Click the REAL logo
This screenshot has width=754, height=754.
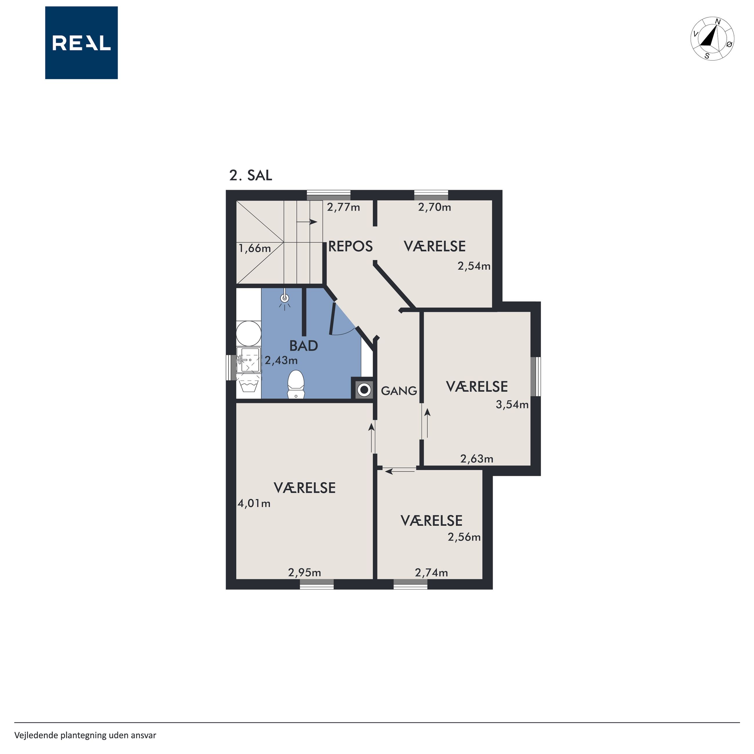tap(81, 43)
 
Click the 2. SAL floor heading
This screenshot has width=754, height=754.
tap(251, 176)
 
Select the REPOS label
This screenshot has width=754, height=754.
tap(350, 246)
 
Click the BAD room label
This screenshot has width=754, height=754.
tap(304, 346)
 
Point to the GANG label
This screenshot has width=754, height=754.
tap(399, 391)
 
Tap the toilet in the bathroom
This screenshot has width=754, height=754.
tap(296, 384)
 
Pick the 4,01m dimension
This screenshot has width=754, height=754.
tap(254, 503)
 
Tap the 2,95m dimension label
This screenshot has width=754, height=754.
tap(304, 572)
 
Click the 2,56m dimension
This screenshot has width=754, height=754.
tap(464, 537)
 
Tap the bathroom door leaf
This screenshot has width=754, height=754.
tap(333, 318)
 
